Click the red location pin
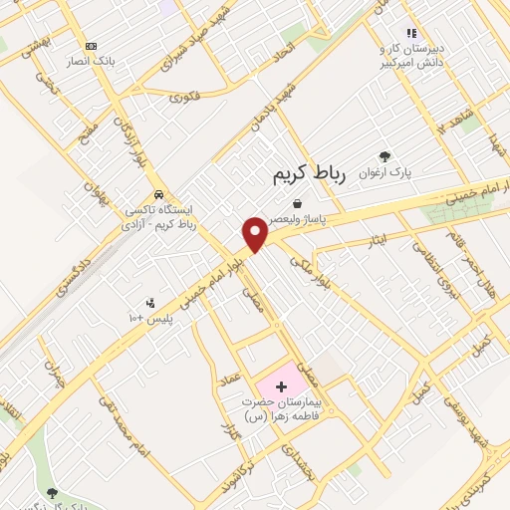[x=256, y=234]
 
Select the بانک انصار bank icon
[x=92, y=46]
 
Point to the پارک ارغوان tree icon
[x=385, y=155]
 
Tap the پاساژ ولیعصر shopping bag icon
[x=297, y=203]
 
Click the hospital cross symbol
[x=279, y=385]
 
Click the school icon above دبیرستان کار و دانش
[x=411, y=33]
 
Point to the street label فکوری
[x=185, y=97]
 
